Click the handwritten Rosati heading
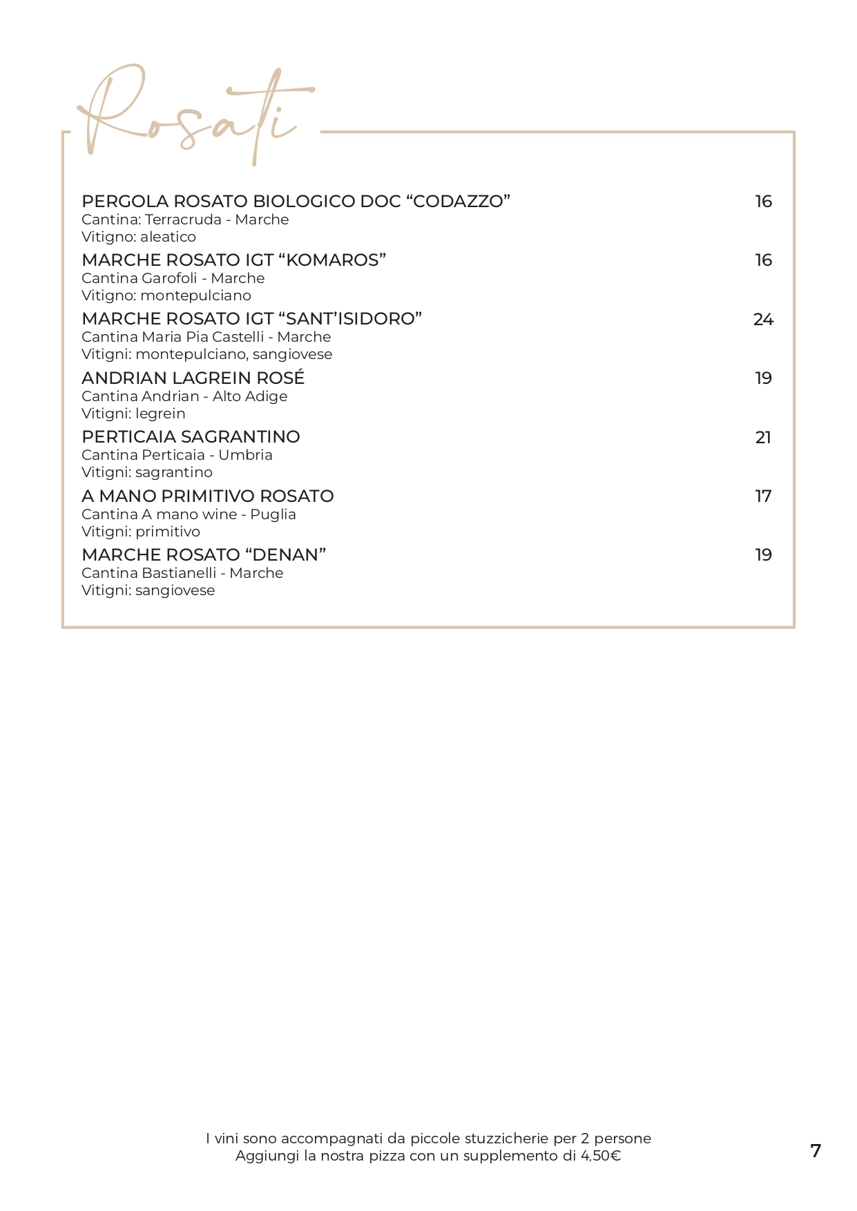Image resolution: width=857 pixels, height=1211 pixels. point(193,114)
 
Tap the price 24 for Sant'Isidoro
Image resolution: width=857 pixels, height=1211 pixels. point(763,320)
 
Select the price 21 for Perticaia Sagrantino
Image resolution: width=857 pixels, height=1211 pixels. point(763,438)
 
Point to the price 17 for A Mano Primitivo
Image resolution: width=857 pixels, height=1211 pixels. point(763,496)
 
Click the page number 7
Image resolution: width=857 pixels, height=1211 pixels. point(816,1151)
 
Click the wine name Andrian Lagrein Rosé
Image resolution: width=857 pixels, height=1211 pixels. point(193,378)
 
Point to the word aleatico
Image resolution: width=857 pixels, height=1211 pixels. point(168,237)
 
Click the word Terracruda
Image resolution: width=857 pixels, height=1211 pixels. point(183,220)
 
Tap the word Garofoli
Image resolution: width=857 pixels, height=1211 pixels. point(169,278)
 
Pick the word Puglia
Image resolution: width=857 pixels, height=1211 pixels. point(273,514)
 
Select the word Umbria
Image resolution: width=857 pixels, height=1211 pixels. point(245,455)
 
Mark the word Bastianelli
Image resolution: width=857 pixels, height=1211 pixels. point(179,573)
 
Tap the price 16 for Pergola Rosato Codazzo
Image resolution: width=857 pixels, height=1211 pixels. point(763,202)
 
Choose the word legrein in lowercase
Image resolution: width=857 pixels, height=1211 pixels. point(160,414)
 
